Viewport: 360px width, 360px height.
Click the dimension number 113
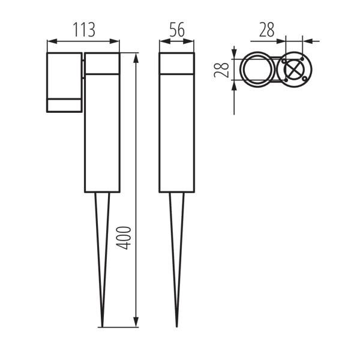point(83,30)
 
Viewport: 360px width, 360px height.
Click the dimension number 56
point(176,30)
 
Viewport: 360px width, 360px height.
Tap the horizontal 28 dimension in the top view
point(268,30)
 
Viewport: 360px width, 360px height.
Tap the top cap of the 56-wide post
point(176,64)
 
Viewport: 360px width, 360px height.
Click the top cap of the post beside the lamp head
point(102,64)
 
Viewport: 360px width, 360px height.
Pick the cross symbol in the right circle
point(293,70)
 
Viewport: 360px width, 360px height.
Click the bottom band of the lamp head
point(64,105)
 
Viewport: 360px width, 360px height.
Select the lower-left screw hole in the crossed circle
point(285,80)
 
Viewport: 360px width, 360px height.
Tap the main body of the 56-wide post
point(176,132)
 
